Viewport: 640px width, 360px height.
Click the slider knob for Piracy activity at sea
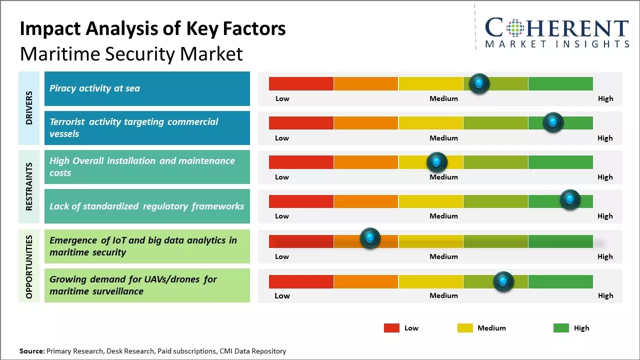[x=479, y=83]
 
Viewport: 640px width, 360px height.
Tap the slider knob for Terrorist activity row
[x=553, y=122]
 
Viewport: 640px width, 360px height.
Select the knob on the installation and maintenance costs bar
[x=436, y=162]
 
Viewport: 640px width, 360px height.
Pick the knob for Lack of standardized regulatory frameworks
[x=569, y=200]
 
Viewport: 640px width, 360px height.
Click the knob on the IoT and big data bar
[x=370, y=238]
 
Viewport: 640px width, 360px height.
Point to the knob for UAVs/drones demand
[x=503, y=282]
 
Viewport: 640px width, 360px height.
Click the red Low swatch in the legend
[x=391, y=328]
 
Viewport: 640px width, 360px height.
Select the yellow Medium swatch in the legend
[x=465, y=328]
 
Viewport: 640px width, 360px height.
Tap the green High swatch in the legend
[x=561, y=328]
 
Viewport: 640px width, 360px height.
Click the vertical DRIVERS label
[x=29, y=107]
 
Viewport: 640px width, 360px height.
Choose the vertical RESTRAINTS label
[x=29, y=186]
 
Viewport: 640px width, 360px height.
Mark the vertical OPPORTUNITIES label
[x=29, y=266]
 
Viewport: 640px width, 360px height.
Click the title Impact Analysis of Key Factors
[x=152, y=29]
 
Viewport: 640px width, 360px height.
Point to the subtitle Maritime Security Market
[x=131, y=53]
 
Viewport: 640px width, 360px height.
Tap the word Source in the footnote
[x=32, y=351]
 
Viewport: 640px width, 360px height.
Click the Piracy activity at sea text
[x=94, y=88]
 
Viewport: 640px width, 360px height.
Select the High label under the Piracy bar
[x=605, y=98]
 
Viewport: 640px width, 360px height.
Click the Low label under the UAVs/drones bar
[x=282, y=295]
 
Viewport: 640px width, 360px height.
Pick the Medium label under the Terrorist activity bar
[x=443, y=138]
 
